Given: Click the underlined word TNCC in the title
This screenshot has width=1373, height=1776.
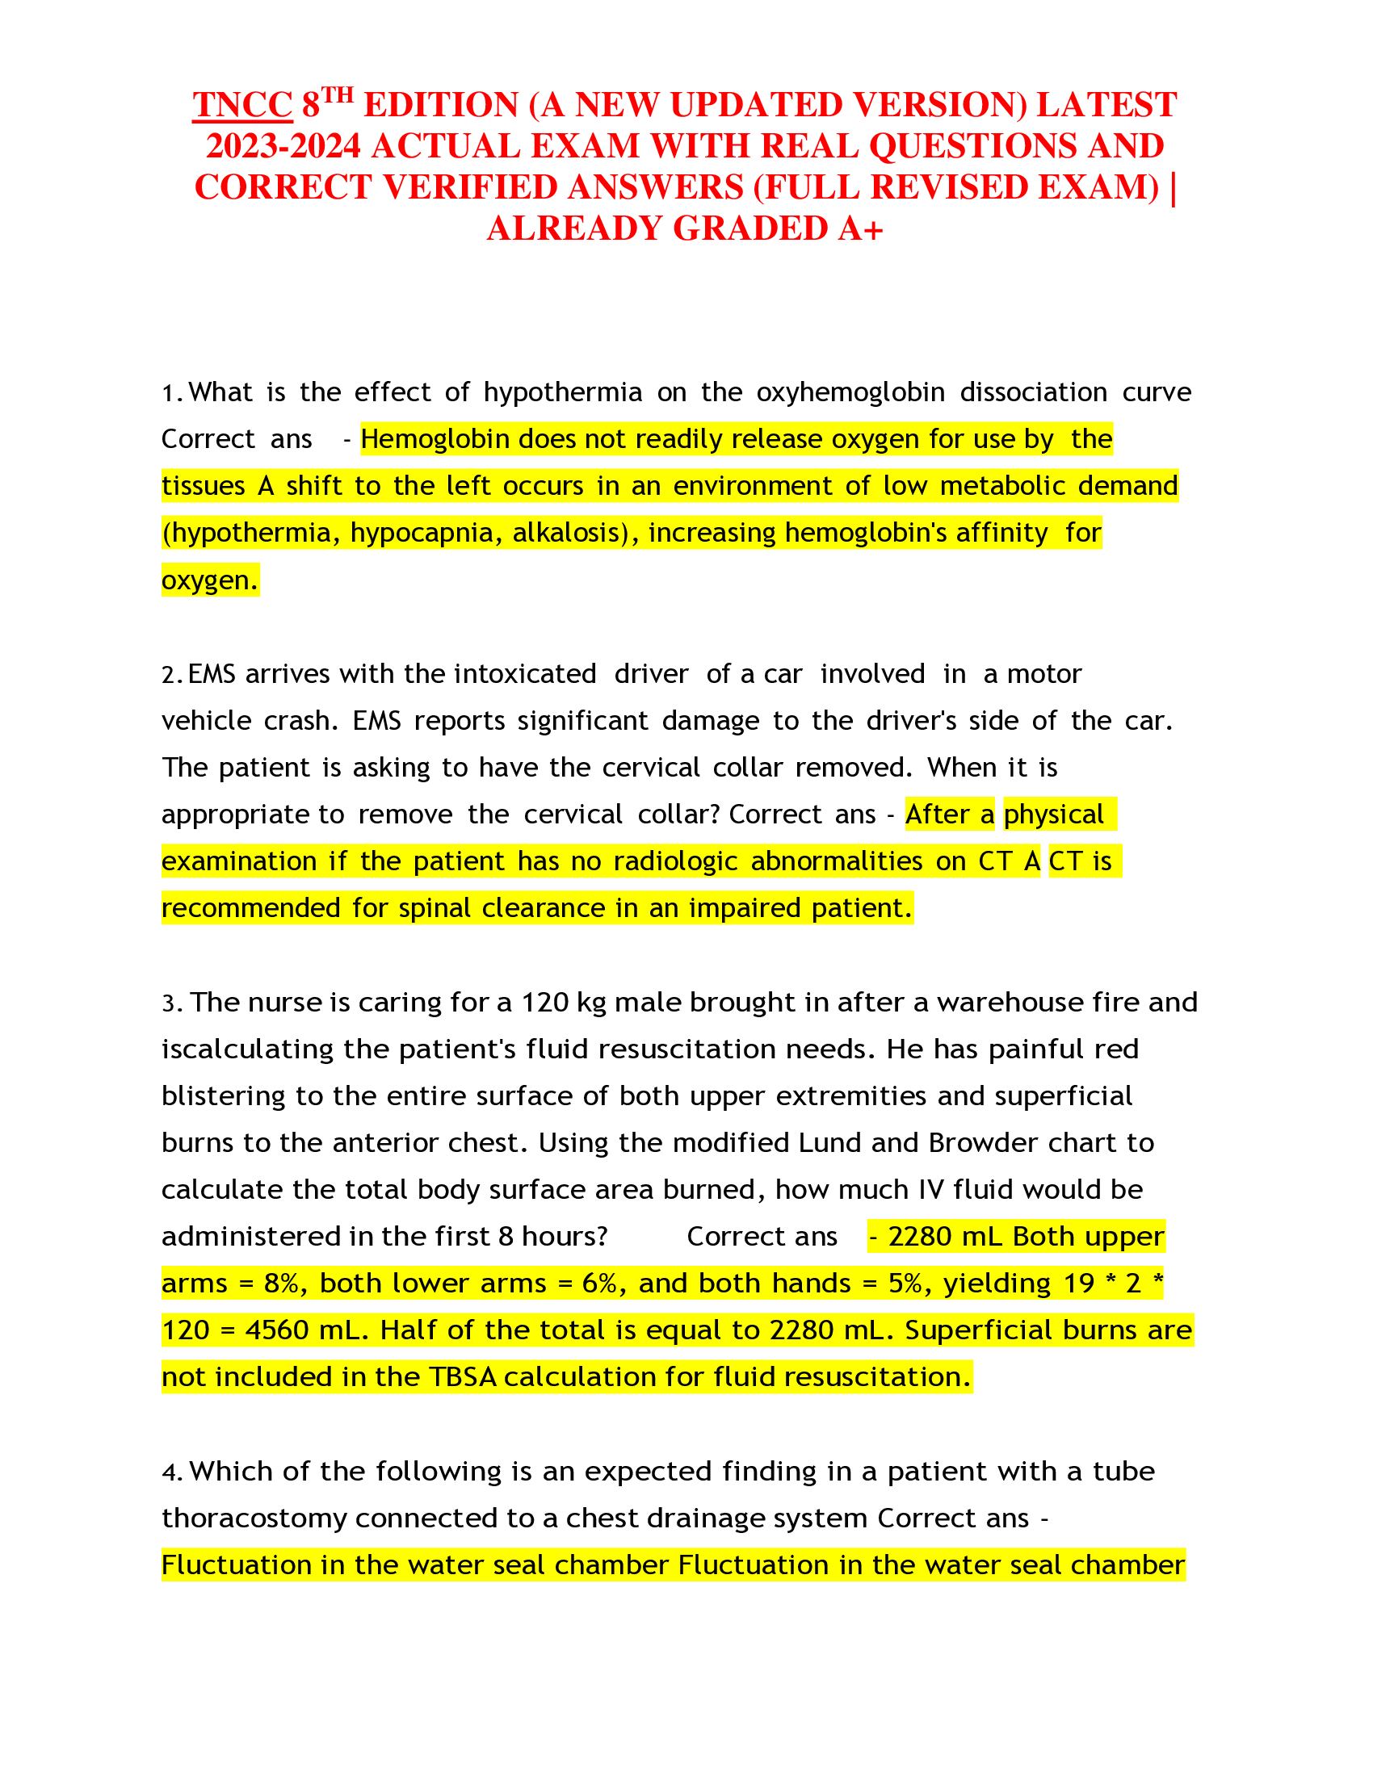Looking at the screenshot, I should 241,105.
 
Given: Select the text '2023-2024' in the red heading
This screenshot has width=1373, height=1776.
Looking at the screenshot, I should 283,146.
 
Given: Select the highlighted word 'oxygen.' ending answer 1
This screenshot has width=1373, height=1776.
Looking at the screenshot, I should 210,580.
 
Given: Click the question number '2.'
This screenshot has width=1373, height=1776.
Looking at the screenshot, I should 173,674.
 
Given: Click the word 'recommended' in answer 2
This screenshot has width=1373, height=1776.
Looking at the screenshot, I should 250,907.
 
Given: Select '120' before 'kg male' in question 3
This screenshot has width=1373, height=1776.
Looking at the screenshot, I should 544,1003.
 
